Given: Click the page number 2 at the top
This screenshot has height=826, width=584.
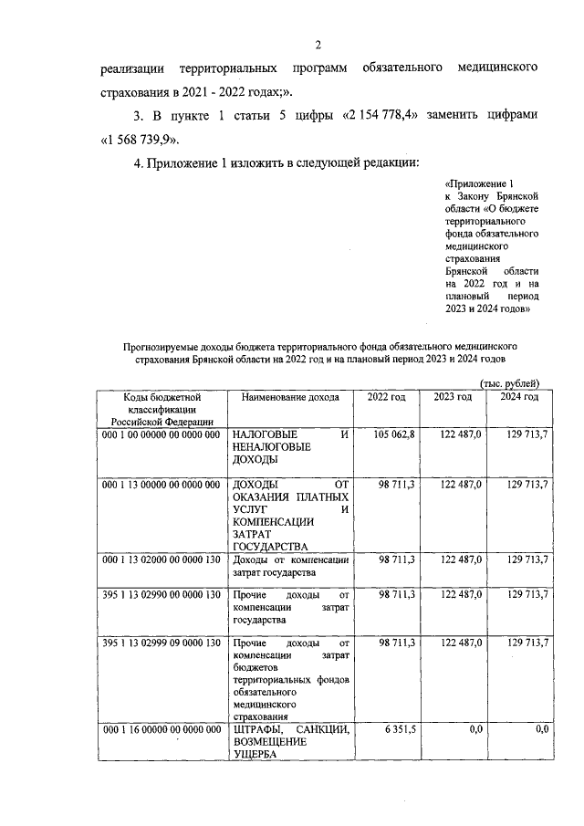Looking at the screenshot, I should (x=318, y=45).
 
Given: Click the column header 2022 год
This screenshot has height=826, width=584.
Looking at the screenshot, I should (x=386, y=397).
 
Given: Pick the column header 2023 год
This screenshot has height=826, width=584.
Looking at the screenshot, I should (x=453, y=397).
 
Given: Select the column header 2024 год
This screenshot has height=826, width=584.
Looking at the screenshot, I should (x=519, y=397).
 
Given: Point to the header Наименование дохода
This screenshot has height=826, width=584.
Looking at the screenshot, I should (x=290, y=397).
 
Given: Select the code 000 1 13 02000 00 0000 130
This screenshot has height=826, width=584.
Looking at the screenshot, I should (x=162, y=559).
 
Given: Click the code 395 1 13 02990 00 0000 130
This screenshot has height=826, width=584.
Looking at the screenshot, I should (x=162, y=594).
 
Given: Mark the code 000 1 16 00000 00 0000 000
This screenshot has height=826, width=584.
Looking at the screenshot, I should (x=162, y=729).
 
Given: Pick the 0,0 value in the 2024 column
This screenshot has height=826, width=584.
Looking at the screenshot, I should (x=541, y=729).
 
